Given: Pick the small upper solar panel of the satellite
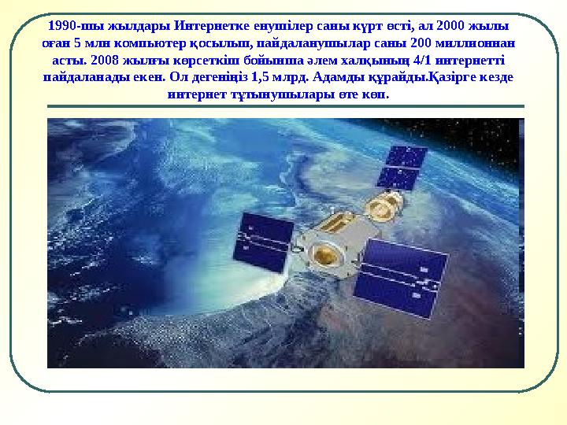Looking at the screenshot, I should (402, 166).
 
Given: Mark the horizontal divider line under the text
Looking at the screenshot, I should (285, 106).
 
